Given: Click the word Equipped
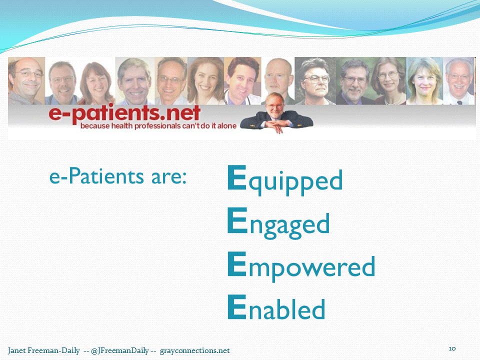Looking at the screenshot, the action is tap(285, 180).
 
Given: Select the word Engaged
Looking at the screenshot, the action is tap(278, 223).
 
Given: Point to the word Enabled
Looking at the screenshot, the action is tap(276, 306).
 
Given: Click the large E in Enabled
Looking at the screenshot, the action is tap(237, 306).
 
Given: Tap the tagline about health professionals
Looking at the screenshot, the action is tap(158, 126).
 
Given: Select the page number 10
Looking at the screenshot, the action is tap(452, 348).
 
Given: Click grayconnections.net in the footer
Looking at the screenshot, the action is tap(194, 350).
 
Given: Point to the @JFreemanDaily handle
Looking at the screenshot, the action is tap(119, 350).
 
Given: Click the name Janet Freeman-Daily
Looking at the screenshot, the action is tap(44, 350).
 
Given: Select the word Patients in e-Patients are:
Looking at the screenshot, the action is tap(106, 176).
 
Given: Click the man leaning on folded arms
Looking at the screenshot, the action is tap(276, 113).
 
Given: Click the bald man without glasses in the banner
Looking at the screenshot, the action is tap(278, 76).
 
